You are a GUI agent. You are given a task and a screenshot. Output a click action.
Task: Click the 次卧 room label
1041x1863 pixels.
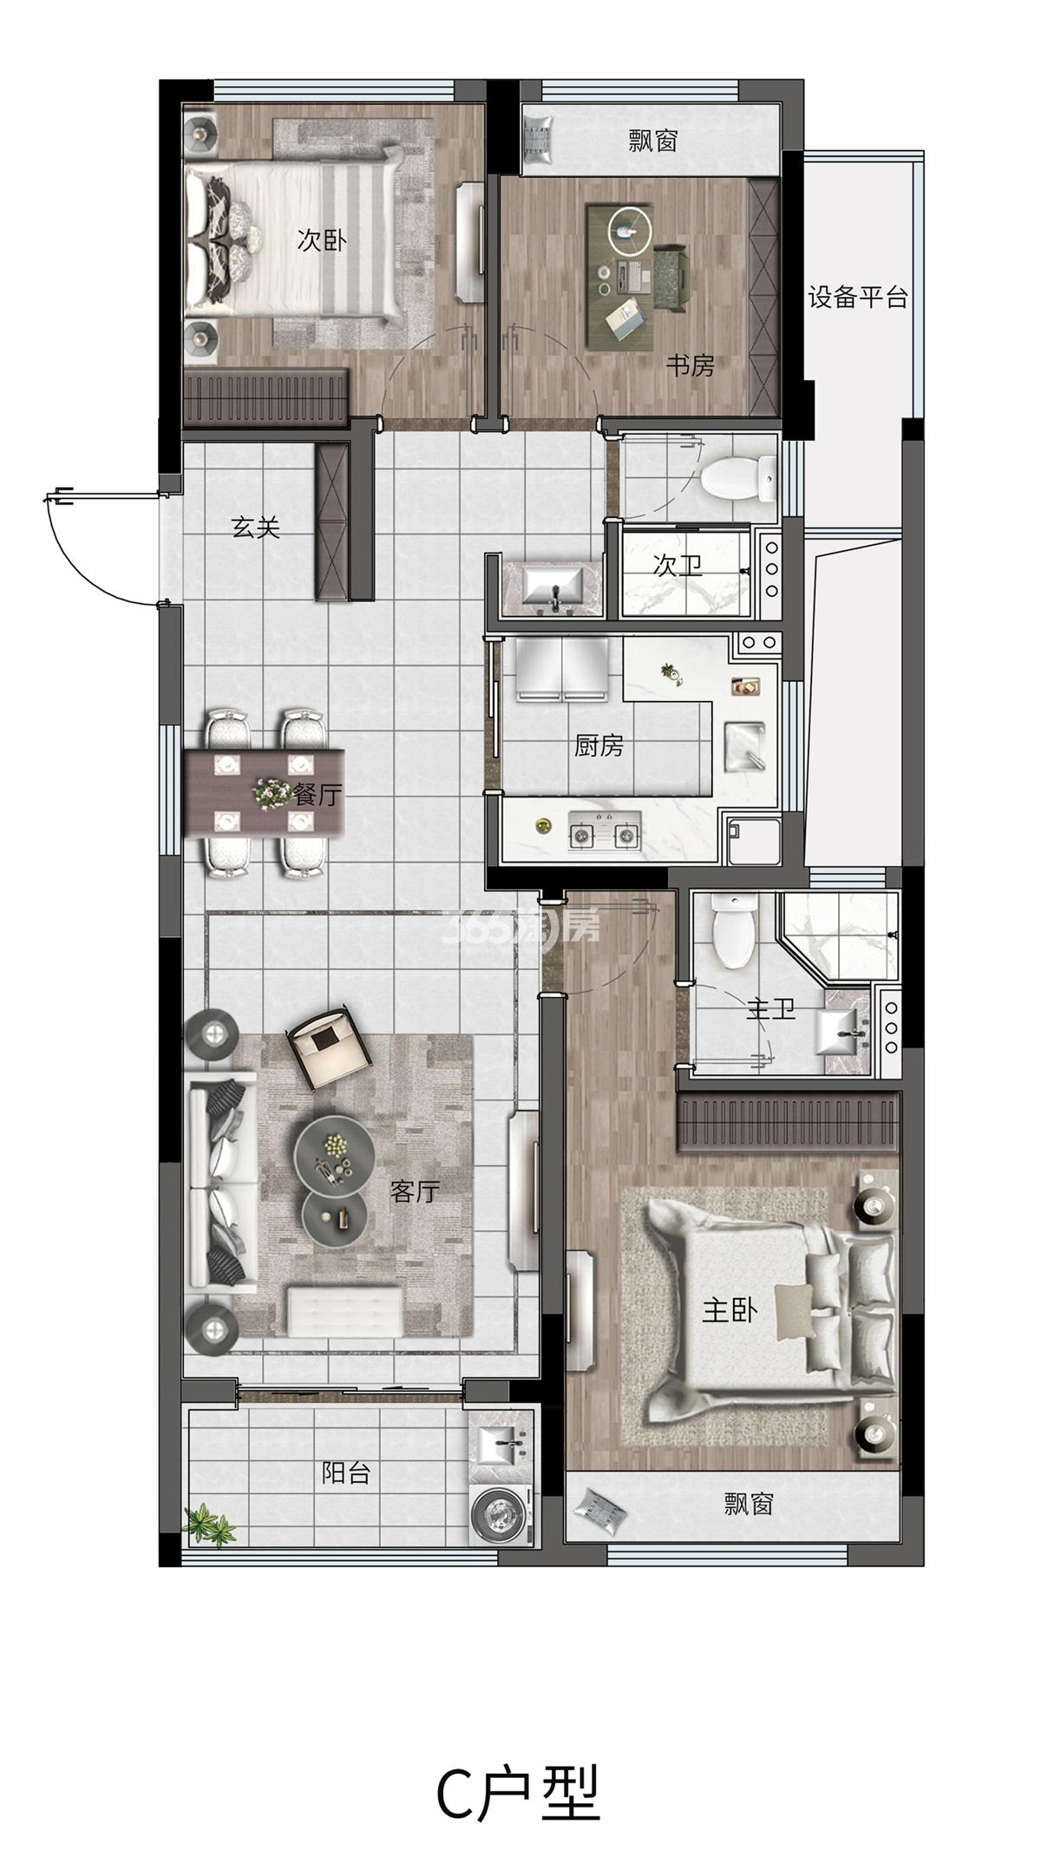click(321, 240)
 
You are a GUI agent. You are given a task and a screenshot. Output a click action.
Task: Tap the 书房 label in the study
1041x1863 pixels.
click(690, 366)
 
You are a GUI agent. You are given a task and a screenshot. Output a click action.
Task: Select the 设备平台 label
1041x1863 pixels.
click(858, 298)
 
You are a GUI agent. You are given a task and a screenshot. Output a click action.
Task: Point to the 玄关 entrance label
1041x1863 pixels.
click(256, 527)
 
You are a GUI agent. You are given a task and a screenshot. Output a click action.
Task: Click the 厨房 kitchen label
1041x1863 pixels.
click(599, 745)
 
